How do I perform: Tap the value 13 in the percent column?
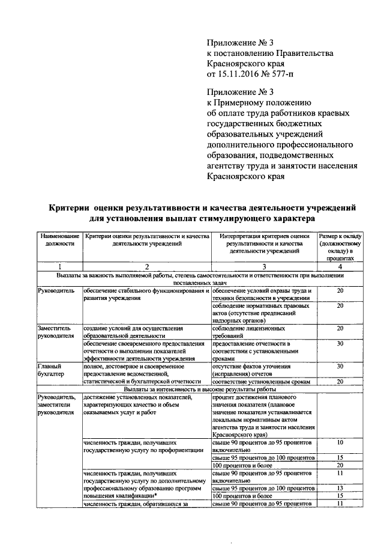coord(340,487)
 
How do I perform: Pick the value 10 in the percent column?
coord(340,442)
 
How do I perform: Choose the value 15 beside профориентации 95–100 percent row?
coord(340,458)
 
